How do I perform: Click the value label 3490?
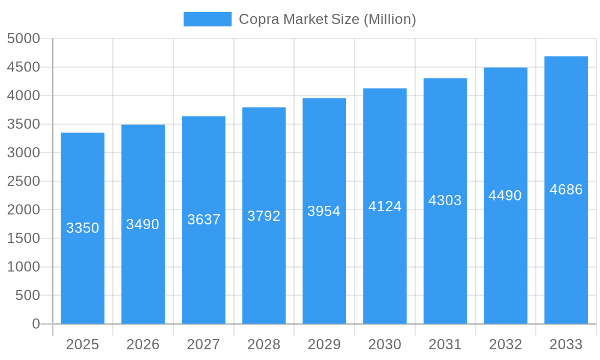coord(143,224)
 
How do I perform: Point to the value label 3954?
coord(324,211)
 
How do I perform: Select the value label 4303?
coord(445,200)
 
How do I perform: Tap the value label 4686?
coord(566,190)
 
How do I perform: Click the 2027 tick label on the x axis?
coord(203,344)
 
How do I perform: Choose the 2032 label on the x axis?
coord(506,344)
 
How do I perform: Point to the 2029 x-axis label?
coord(324,344)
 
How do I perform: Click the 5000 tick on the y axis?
coord(23,39)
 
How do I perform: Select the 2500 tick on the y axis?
coord(23,181)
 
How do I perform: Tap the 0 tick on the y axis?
coord(35,324)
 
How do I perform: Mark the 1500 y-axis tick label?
coord(23,238)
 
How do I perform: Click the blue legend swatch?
coord(207,19)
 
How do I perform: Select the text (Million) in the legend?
coord(389,19)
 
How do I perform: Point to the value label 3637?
coord(203,220)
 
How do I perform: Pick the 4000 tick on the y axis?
coord(23,96)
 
